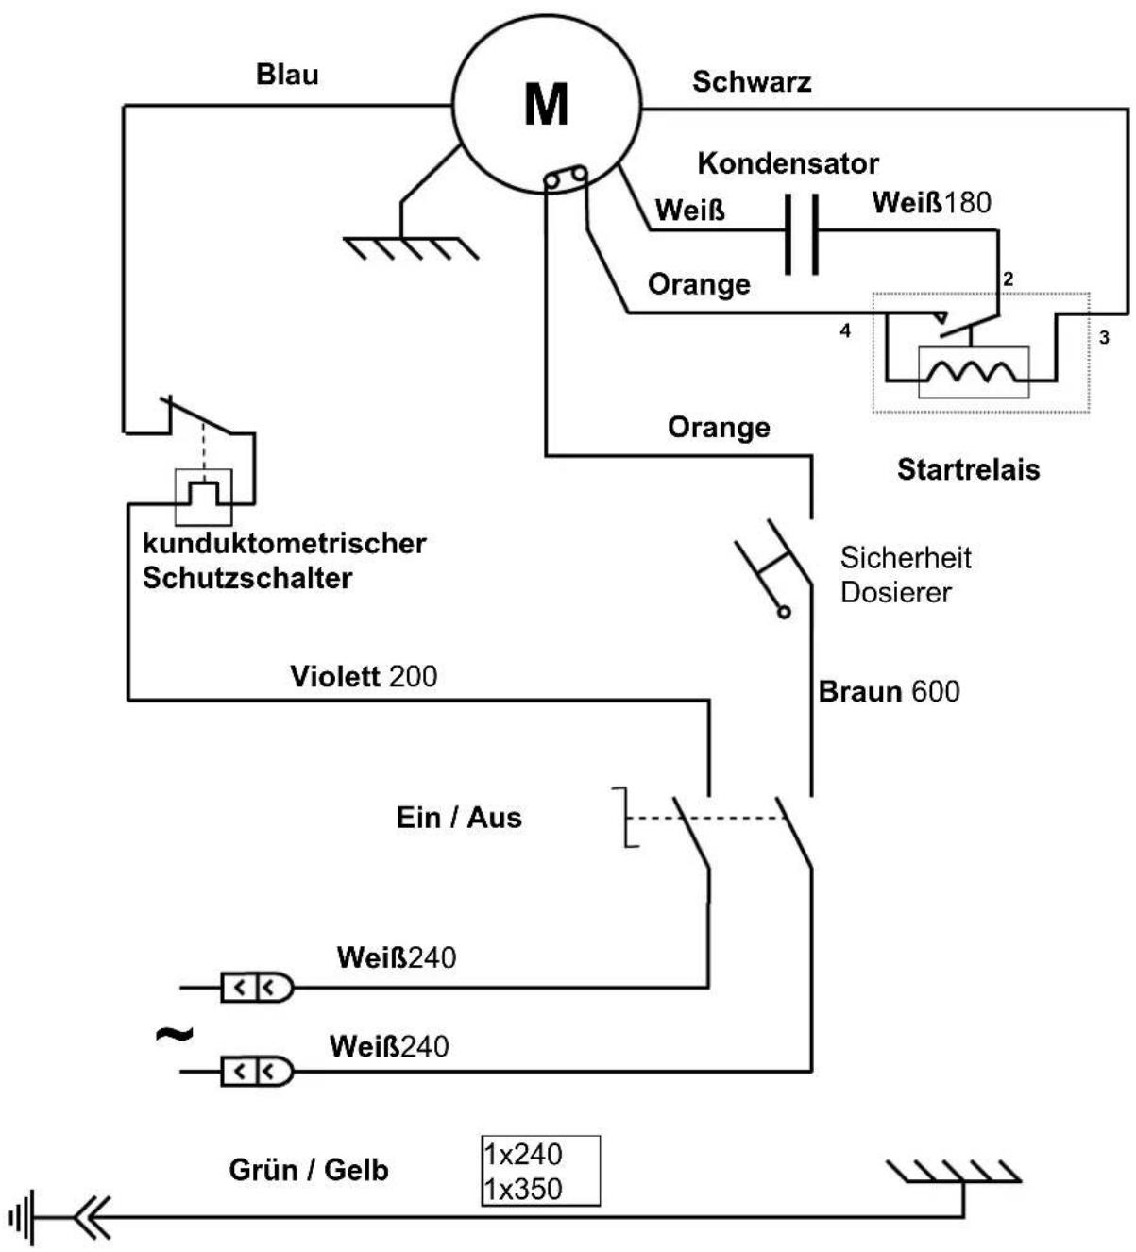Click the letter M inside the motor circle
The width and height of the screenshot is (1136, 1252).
tap(546, 104)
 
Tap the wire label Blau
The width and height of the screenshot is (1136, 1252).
tap(287, 75)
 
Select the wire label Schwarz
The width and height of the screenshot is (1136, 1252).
tap(752, 82)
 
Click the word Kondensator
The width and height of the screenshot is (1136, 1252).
tap(788, 163)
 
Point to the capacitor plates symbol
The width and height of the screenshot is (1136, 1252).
tap(802, 234)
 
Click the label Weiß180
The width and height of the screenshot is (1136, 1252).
tap(931, 202)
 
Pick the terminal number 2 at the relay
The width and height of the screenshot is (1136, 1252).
tap(1008, 279)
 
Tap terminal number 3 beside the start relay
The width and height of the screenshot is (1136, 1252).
tap(1104, 338)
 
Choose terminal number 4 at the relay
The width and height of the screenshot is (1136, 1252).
tap(845, 330)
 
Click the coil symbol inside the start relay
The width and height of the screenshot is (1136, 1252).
tap(973, 372)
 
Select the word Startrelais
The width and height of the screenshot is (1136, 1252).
tap(968, 470)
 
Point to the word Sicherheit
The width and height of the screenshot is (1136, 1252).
tap(905, 558)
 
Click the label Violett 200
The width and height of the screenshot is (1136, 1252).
tap(364, 677)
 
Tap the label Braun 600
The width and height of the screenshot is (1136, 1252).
tap(889, 691)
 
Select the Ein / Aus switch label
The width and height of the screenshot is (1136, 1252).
tap(459, 818)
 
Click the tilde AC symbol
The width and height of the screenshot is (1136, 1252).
tap(174, 1034)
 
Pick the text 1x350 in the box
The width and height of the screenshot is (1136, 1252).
tap(523, 1189)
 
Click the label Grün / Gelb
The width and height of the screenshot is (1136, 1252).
tap(309, 1170)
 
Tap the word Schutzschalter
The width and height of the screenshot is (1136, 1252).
tap(247, 578)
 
